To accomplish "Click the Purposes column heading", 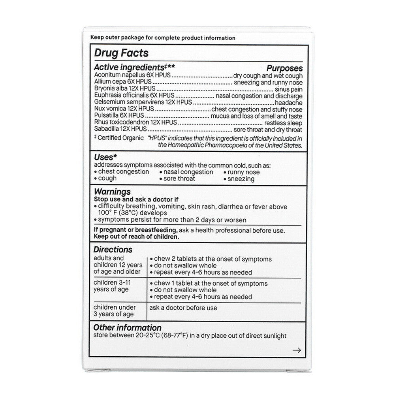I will [284, 68].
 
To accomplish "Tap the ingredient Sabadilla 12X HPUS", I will [120, 129].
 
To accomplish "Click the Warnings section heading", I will [112, 192].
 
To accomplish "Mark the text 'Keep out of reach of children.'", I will [136, 237].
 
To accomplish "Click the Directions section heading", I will [113, 250].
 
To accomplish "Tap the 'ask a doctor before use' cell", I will [183, 308].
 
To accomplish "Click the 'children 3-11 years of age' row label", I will [115, 286].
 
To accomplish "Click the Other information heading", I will [127, 328].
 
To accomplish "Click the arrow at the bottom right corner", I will [297, 350].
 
